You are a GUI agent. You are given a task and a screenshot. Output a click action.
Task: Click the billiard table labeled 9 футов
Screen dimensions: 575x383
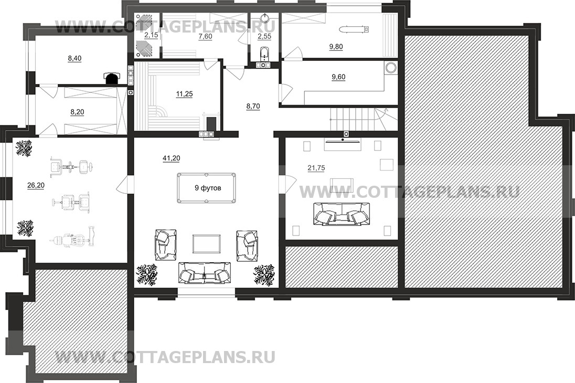(207, 187)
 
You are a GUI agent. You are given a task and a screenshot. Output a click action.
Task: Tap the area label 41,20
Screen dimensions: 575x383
(171, 158)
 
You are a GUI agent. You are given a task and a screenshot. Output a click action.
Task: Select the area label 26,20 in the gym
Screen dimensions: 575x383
(36, 186)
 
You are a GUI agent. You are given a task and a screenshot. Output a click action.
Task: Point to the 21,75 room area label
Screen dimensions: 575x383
(316, 168)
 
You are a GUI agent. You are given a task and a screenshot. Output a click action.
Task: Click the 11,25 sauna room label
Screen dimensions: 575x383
(184, 94)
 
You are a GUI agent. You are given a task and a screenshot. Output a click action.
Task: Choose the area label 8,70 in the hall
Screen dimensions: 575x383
(253, 107)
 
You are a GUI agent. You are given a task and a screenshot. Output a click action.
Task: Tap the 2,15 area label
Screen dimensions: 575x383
(151, 35)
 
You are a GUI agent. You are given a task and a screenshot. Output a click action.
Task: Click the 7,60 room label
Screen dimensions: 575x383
(205, 37)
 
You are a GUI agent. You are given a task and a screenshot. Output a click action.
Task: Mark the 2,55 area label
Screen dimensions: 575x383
(264, 37)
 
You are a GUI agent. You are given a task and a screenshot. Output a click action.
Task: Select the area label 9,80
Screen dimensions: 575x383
(336, 47)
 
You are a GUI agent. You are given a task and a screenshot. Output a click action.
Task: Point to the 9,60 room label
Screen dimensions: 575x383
(338, 77)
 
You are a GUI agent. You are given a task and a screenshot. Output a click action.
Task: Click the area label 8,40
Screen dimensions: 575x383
(75, 58)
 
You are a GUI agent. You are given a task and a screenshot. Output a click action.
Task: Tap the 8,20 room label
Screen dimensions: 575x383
(77, 112)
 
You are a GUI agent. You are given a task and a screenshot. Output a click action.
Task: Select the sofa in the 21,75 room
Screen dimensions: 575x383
(341, 214)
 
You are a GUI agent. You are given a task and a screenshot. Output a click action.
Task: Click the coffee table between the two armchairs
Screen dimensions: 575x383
(207, 244)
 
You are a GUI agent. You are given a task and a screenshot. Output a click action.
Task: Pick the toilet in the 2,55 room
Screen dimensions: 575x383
(264, 54)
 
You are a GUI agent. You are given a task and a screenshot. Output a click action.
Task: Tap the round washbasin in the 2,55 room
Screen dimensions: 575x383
(264, 18)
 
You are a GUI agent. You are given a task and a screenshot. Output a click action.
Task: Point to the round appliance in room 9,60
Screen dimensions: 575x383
(391, 68)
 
